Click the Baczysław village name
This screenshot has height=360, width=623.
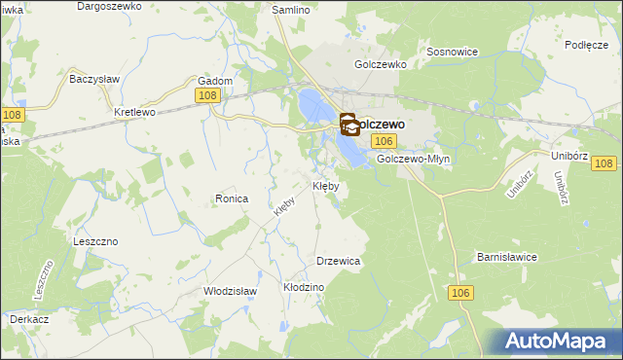pos(92,78)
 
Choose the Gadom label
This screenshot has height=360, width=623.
pos(215,81)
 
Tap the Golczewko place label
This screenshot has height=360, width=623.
pos(380,64)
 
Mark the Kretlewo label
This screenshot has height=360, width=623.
pos(135,112)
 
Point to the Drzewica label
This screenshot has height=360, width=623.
pos(339,261)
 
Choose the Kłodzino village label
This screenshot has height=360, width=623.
pos(303,288)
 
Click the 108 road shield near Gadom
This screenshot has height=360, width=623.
pos(205,95)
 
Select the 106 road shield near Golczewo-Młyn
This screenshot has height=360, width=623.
pos(382,142)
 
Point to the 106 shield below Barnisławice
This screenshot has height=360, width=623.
pos(461,292)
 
